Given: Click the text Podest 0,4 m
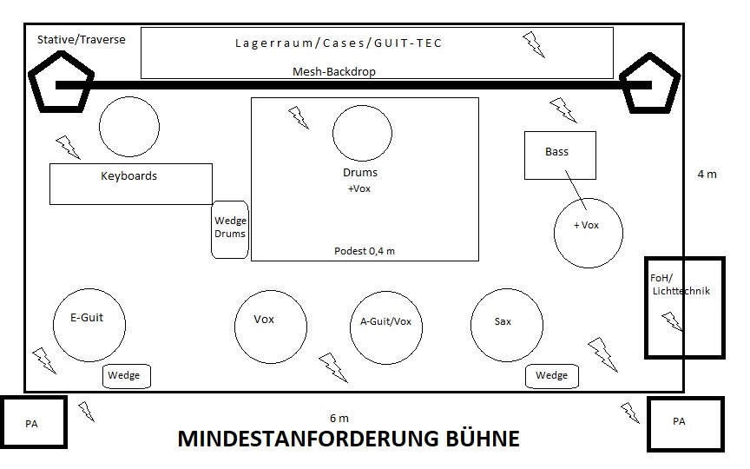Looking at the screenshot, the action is (365, 251).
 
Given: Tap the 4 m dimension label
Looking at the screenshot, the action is (707, 175).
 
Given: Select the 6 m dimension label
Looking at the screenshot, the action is (339, 419).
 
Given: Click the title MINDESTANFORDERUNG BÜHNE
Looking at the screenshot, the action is (349, 439).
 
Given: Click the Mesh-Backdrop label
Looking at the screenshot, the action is (334, 72).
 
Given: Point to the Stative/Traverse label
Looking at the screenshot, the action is (82, 40).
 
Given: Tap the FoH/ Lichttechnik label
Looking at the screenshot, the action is (680, 284).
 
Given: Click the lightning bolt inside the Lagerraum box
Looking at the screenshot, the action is (534, 45).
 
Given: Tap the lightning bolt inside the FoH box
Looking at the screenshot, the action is (673, 321).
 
